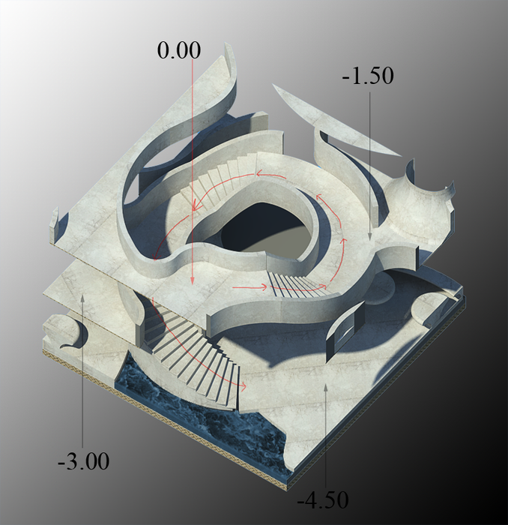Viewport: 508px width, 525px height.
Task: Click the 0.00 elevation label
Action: pyautogui.click(x=179, y=50)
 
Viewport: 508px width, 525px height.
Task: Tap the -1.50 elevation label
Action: pyautogui.click(x=368, y=76)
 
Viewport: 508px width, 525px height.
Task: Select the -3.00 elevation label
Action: pyautogui.click(x=84, y=461)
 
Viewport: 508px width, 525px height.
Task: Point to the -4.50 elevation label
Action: pyautogui.click(x=323, y=499)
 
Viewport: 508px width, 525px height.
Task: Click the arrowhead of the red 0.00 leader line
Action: pyautogui.click(x=193, y=281)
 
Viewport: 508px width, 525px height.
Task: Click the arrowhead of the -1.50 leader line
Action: pyautogui.click(x=370, y=236)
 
